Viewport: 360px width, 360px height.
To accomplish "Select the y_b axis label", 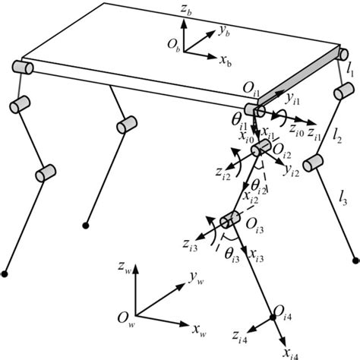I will click(x=224, y=33).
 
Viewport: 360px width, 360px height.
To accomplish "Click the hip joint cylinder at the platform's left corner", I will click(x=22, y=68).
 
